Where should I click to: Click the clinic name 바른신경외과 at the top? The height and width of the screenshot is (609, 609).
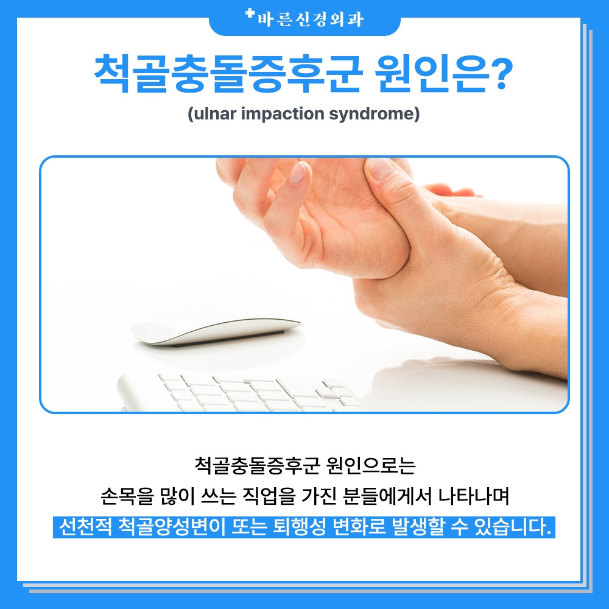tap(310, 19)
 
